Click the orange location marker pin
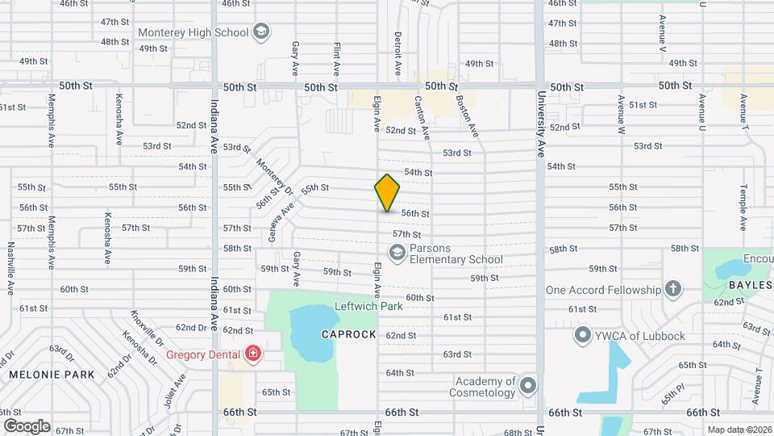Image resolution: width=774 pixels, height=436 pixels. click(387, 192)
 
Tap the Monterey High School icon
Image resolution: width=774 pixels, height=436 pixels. click(260, 31)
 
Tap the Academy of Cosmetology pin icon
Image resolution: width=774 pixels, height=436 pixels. click(527, 387)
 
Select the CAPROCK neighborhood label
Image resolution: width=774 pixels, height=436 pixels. click(349, 334)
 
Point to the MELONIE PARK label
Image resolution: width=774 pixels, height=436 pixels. click(52, 375)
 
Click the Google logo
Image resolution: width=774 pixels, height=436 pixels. click(27, 426)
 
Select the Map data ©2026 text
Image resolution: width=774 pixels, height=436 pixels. click(739, 429)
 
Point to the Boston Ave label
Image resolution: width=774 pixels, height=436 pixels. click(468, 117)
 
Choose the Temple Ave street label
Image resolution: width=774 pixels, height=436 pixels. click(742, 208)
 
